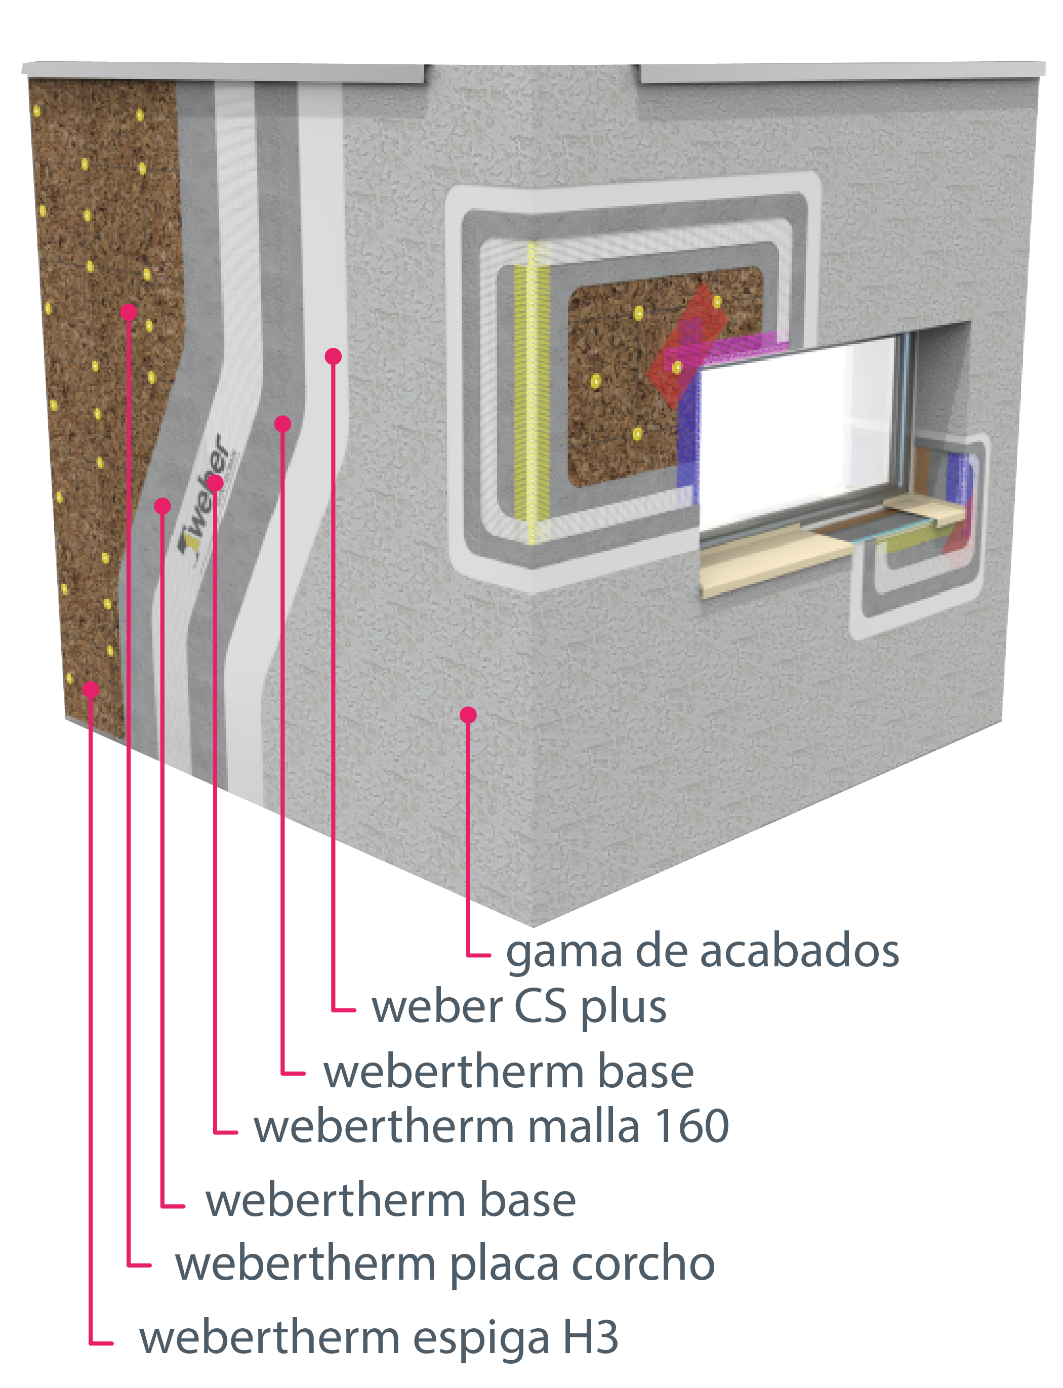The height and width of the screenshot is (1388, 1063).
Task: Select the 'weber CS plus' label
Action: (519, 1007)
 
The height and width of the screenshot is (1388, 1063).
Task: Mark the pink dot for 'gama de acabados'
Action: (468, 715)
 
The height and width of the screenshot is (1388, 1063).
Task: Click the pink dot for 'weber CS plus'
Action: (334, 356)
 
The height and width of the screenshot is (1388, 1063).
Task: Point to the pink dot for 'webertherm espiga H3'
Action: (91, 689)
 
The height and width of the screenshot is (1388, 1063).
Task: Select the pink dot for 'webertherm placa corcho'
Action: (129, 311)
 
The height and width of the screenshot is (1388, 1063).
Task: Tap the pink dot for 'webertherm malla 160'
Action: (215, 483)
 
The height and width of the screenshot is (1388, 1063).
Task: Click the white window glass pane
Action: (797, 430)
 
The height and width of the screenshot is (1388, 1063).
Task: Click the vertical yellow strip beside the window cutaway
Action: (531, 392)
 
